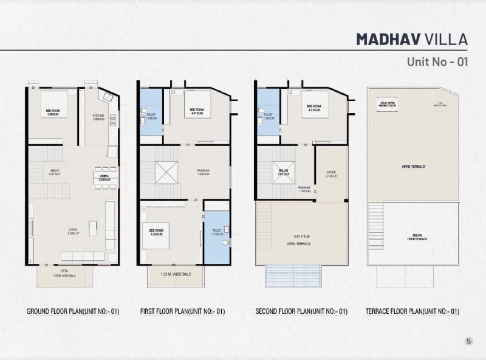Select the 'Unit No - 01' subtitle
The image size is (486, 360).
tap(437, 61)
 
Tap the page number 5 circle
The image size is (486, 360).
tap(468, 341)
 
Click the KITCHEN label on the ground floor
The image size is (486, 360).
tap(98, 117)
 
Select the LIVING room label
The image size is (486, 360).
tap(73, 230)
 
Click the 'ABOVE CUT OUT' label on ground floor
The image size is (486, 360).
tap(54, 172)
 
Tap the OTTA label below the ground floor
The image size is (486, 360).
tap(64, 272)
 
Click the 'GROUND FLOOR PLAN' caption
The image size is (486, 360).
tap(73, 311)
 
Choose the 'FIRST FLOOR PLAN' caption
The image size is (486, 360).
tap(183, 311)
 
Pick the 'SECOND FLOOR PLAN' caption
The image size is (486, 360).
tap(301, 311)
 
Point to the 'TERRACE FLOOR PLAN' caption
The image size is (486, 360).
tap(412, 311)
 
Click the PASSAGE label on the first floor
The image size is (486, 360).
tap(204, 172)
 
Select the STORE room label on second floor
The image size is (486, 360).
tap(331, 175)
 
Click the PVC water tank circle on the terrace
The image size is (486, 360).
tap(439, 103)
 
